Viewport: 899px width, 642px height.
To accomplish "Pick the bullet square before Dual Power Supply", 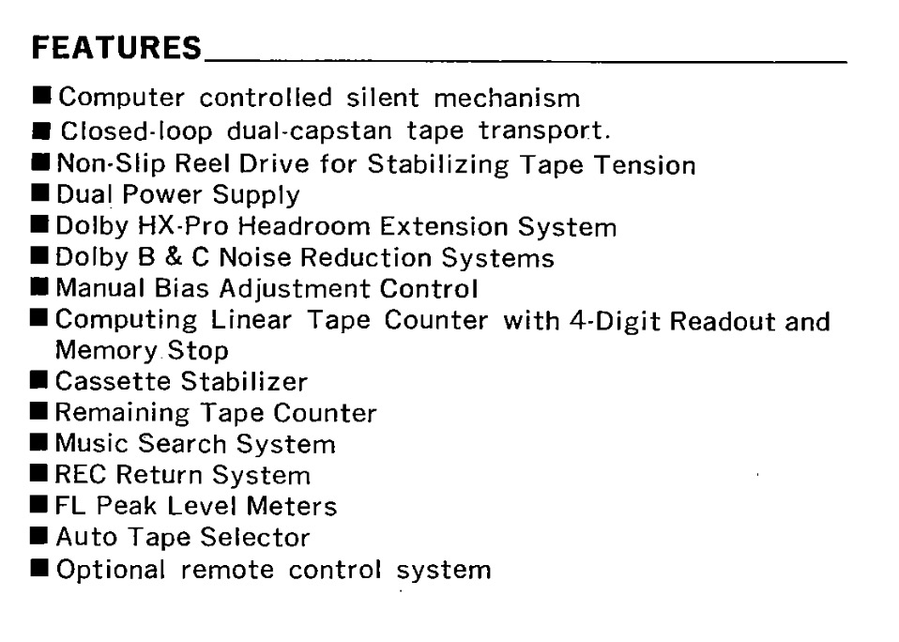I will point(41,195).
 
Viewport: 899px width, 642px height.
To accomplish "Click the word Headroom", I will point(305,227).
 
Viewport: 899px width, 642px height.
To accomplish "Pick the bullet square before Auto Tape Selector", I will point(41,537).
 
